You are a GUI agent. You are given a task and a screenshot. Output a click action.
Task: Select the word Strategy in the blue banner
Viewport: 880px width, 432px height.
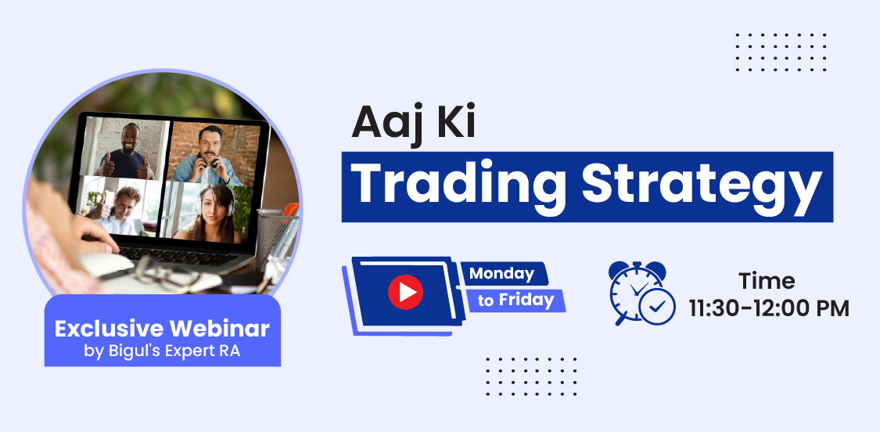tap(702, 185)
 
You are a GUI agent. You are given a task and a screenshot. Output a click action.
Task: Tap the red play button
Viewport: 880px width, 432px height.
tap(405, 292)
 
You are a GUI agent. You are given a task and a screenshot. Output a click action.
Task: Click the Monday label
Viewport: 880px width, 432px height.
tap(501, 274)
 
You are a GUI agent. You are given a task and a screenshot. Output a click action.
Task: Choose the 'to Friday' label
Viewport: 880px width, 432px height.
tap(515, 300)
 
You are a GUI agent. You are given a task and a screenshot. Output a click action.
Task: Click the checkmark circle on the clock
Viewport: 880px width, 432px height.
tap(657, 307)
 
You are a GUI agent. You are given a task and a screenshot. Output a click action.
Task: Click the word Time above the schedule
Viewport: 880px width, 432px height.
tap(767, 281)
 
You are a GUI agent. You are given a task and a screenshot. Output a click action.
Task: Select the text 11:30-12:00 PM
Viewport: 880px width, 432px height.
tap(769, 309)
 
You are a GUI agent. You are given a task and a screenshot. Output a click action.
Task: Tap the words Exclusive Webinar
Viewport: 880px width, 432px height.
tap(162, 329)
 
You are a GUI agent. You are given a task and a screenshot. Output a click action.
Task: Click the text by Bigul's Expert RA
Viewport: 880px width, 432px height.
tap(162, 351)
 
